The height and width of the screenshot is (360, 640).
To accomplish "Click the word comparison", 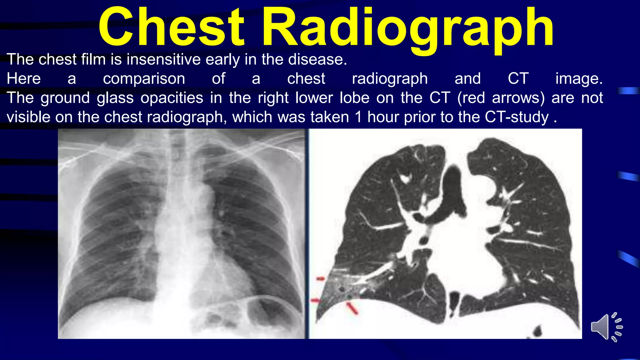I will pyautogui.click(x=144, y=79).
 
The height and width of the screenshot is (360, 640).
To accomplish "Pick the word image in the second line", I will pyautogui.click(x=578, y=79).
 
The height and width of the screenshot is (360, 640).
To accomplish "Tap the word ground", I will pyautogui.click(x=65, y=98).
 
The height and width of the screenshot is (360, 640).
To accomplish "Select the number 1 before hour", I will pyautogui.click(x=358, y=117).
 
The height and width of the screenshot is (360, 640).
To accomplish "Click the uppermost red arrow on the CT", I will pyautogui.click(x=321, y=278).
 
